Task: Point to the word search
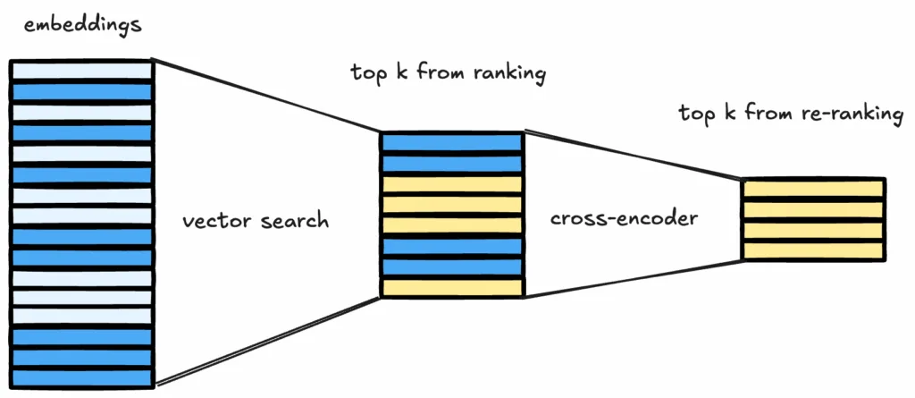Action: [x=295, y=220]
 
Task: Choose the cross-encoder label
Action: [x=623, y=218]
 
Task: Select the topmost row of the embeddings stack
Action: [x=81, y=70]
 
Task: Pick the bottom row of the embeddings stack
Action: [x=81, y=377]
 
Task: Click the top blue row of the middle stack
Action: [x=451, y=142]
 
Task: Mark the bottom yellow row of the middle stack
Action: [x=451, y=288]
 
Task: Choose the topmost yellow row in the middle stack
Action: [x=451, y=184]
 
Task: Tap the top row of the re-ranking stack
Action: [x=813, y=189]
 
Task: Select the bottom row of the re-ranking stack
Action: [x=813, y=251]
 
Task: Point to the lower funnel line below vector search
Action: [x=268, y=341]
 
